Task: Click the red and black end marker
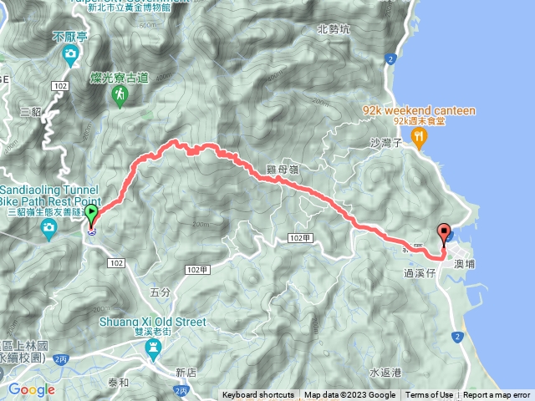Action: (444, 233)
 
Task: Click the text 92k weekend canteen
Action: (419, 109)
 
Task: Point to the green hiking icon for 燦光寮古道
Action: (120, 96)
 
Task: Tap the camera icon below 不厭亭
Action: (71, 54)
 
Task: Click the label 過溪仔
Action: (420, 272)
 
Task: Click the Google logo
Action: (31, 389)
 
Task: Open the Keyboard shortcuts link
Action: (257, 395)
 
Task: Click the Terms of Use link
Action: (429, 395)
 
